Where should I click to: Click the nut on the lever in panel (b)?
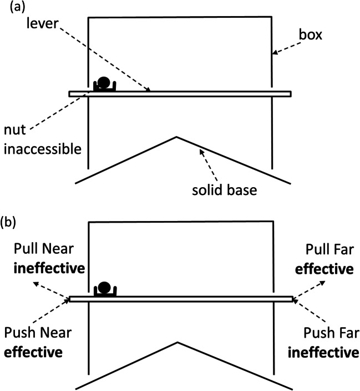click(x=104, y=289)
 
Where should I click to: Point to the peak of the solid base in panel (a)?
click(x=176, y=136)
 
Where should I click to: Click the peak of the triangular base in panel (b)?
click(x=176, y=342)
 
